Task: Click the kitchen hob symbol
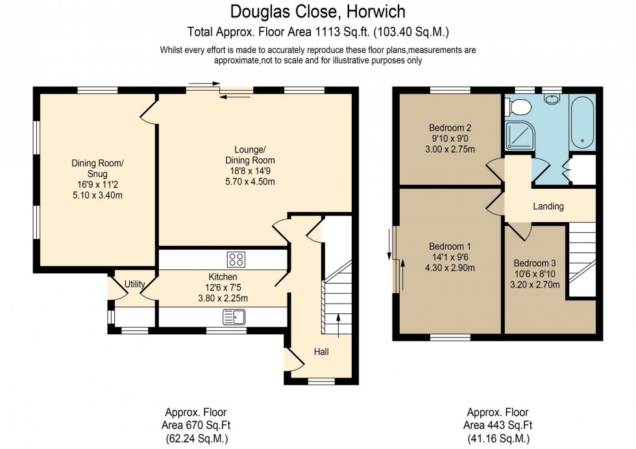point(236,260)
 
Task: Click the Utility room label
point(134,284)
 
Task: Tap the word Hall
point(321,352)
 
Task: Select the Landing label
point(548,206)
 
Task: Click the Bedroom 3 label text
point(535,263)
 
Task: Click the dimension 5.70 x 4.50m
point(250,182)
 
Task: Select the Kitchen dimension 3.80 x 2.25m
point(223,299)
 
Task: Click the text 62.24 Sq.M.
point(196,438)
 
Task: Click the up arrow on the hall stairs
point(338,328)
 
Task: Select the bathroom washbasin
point(552,99)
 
